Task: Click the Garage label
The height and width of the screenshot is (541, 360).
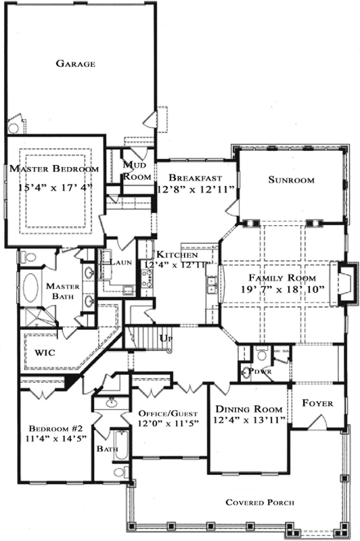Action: click(x=74, y=64)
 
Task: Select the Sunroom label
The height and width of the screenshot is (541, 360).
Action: click(x=291, y=180)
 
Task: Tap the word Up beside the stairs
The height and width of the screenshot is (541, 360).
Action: click(x=164, y=337)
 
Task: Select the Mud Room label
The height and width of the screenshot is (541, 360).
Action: click(x=136, y=170)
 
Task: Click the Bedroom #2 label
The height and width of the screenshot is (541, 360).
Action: click(x=55, y=429)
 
